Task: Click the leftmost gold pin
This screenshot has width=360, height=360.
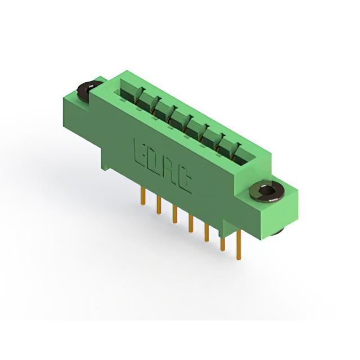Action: (143, 195)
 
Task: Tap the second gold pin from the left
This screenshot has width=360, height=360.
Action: (159, 205)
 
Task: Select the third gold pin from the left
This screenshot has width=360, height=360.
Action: (175, 214)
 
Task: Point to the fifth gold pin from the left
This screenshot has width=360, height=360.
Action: (206, 232)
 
